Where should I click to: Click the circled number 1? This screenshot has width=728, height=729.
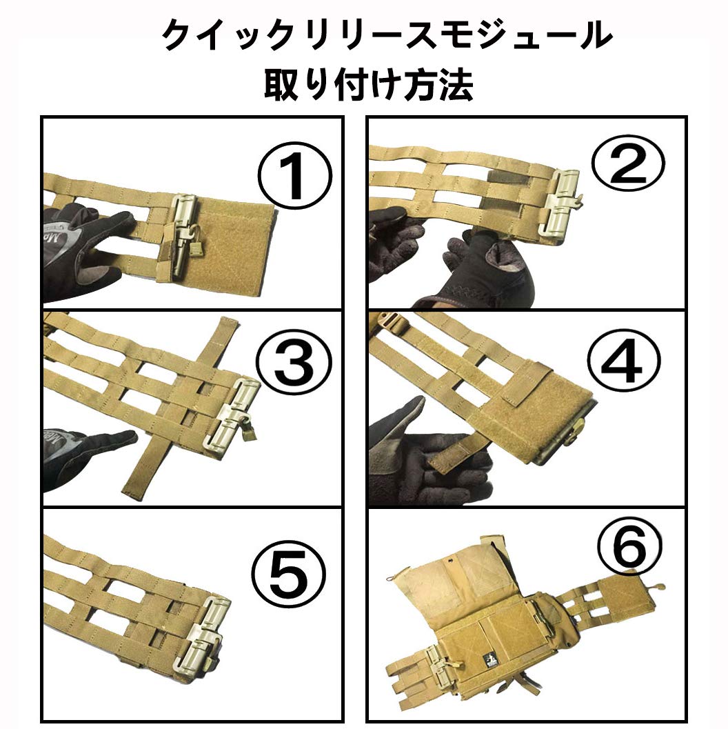[294, 177]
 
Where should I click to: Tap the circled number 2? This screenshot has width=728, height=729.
[627, 163]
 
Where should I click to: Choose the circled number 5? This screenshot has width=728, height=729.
[288, 572]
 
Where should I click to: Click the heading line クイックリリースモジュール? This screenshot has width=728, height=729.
[387, 34]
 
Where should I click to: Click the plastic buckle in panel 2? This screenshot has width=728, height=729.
[564, 203]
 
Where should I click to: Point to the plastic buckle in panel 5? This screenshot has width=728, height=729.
[201, 634]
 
